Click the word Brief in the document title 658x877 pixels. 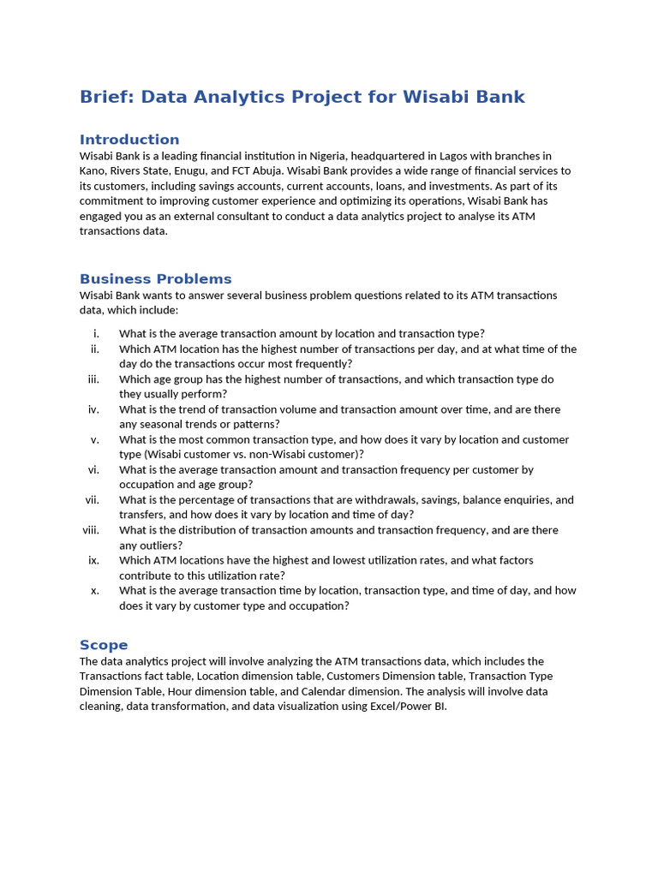tap(106, 97)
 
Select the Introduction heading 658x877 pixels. tap(129, 140)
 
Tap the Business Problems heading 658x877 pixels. tap(155, 279)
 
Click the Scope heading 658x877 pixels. tap(104, 645)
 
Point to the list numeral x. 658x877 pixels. tap(95, 590)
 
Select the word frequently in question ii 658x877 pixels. tap(321, 364)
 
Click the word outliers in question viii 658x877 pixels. tap(159, 545)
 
